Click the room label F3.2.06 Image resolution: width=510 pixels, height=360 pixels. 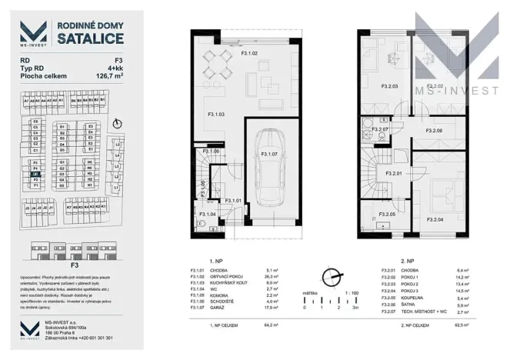[x=433, y=131]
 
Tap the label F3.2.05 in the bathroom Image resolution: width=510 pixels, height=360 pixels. [x=386, y=215]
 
